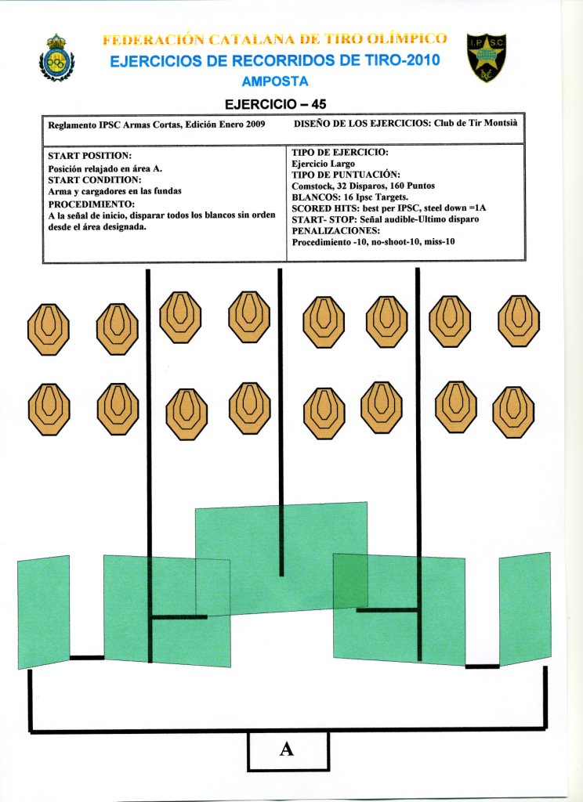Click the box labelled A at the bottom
click(x=288, y=750)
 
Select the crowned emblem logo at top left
click(x=56, y=58)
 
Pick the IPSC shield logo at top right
click(x=486, y=57)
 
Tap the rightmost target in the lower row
click(x=513, y=410)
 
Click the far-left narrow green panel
click(x=43, y=612)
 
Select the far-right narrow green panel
click(x=524, y=609)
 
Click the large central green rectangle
click(x=281, y=548)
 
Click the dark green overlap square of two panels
click(x=350, y=580)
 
